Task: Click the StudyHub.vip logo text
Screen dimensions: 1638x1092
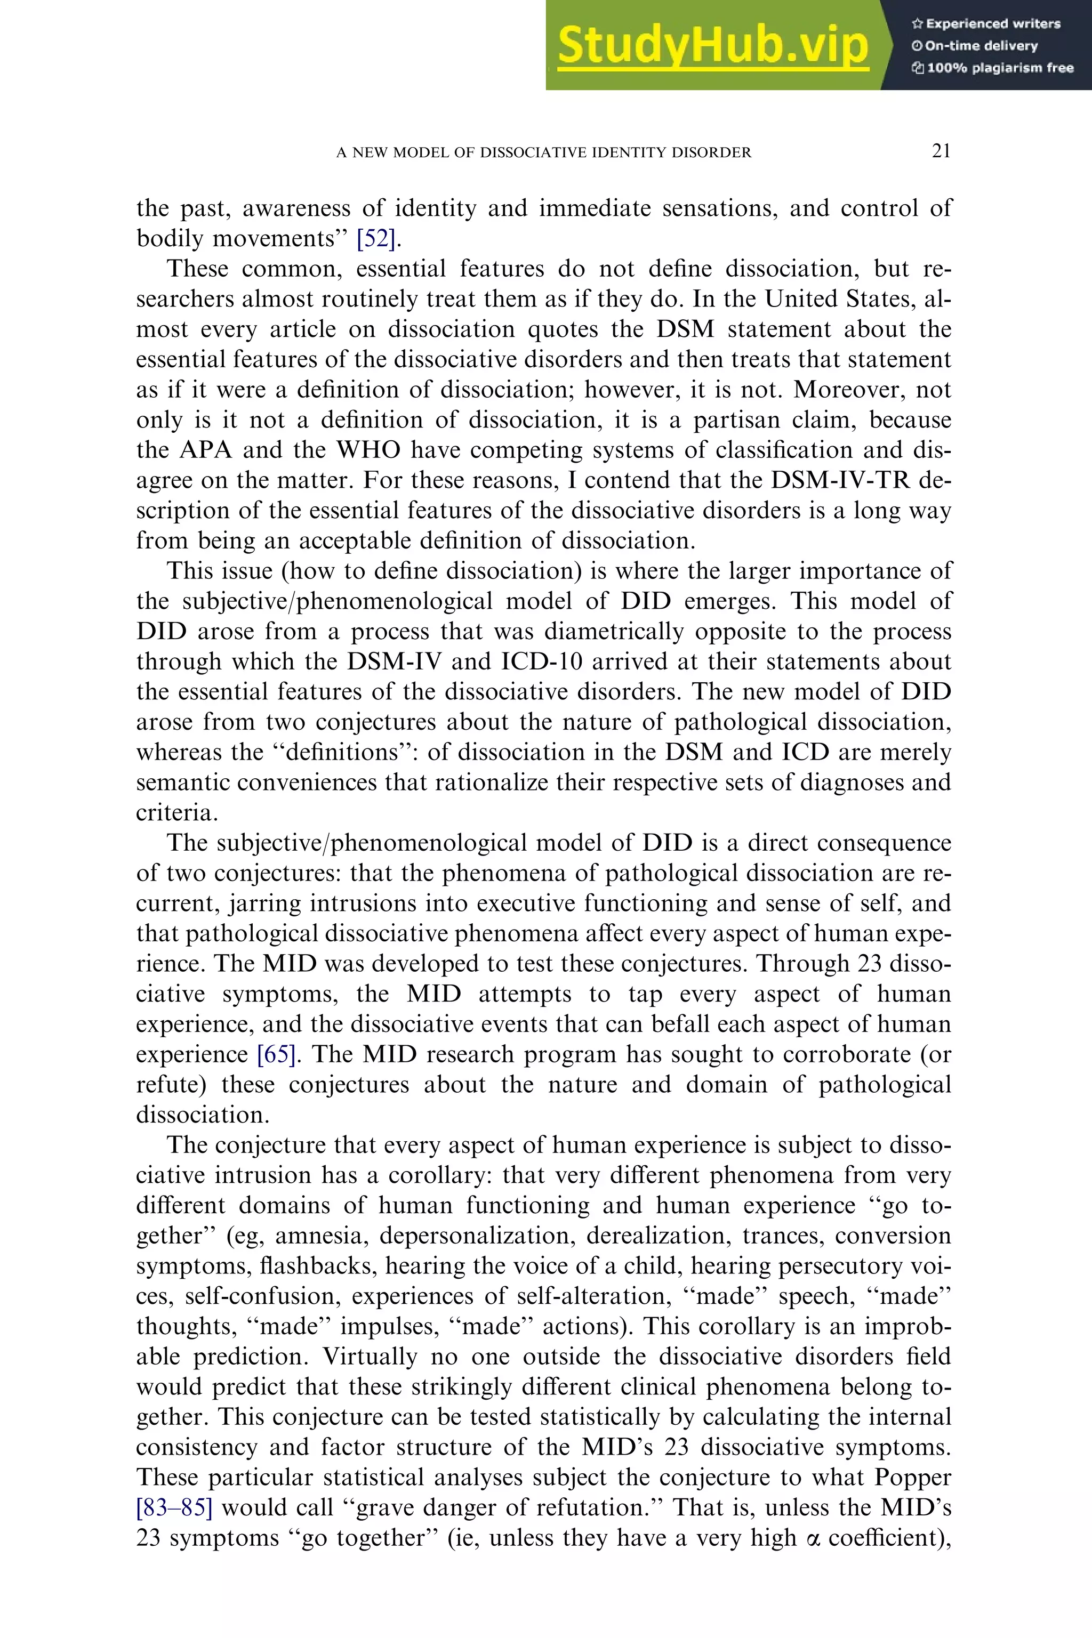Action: point(712,46)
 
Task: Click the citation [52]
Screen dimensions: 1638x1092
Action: point(376,239)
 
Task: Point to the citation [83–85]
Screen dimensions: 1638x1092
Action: point(174,1508)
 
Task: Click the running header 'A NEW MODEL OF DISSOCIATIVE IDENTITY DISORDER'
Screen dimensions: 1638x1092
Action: point(544,152)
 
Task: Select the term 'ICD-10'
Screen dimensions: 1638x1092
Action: point(542,661)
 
